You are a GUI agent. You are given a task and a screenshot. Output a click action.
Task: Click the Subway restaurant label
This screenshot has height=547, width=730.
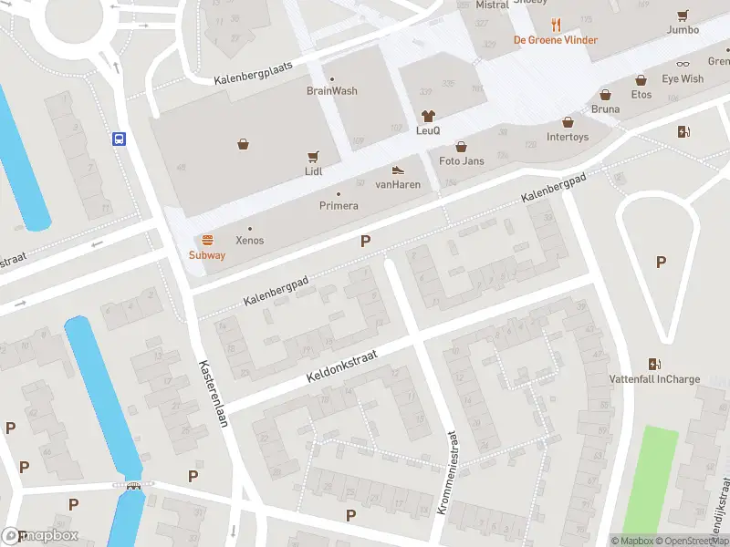(207, 255)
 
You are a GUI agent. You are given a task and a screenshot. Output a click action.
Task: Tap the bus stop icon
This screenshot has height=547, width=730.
(119, 139)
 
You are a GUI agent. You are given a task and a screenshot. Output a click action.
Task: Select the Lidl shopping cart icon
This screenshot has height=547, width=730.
(314, 156)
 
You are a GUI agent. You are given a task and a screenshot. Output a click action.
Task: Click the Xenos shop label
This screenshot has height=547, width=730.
(250, 241)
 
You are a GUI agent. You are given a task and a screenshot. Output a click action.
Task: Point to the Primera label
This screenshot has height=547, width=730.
(339, 206)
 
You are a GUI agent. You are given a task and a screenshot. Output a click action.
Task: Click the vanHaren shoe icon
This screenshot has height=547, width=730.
(397, 170)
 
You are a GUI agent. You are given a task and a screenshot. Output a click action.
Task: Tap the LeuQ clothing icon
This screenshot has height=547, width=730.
(428, 116)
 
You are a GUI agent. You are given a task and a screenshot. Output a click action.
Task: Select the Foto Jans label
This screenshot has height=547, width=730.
(461, 161)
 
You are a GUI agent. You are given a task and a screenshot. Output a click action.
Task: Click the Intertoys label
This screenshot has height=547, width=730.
(568, 138)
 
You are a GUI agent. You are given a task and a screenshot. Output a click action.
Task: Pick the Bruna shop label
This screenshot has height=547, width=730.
(605, 108)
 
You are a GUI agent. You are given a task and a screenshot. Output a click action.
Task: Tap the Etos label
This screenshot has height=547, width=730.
(641, 94)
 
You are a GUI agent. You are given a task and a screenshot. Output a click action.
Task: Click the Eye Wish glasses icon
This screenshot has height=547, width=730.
(683, 65)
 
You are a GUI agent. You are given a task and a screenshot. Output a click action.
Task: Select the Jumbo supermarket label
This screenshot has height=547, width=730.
(683, 29)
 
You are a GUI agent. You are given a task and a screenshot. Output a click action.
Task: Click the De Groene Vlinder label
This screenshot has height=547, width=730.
(556, 40)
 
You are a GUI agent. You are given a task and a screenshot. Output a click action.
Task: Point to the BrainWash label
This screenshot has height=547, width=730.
(331, 91)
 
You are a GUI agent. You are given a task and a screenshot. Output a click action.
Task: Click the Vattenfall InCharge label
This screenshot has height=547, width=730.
(654, 378)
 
